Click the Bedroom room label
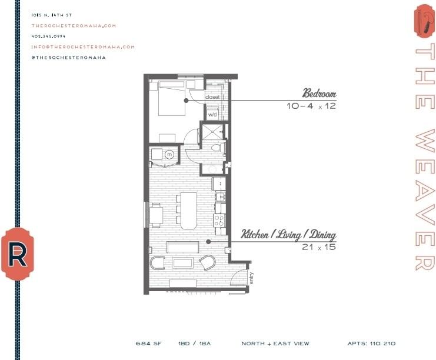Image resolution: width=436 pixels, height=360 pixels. pyautogui.click(x=319, y=94)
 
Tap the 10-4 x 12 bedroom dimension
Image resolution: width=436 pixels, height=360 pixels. pyautogui.click(x=311, y=106)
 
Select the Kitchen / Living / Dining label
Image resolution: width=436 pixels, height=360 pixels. pyautogui.click(x=288, y=235)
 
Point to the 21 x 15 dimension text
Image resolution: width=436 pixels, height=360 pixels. pyautogui.click(x=319, y=247)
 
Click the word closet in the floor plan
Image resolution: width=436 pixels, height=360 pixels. pyautogui.click(x=212, y=97)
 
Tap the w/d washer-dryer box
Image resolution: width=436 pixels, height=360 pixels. pyautogui.click(x=212, y=114)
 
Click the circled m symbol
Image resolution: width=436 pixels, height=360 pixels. pyautogui.click(x=169, y=154)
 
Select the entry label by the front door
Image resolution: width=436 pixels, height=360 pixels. pyautogui.click(x=251, y=278)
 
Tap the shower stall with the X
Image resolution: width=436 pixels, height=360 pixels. pyautogui.click(x=212, y=132)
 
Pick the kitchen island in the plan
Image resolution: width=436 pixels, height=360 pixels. pyautogui.click(x=189, y=211)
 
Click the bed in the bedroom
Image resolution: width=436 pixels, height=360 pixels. pyautogui.click(x=172, y=98)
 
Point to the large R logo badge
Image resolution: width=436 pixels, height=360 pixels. pyautogui.click(x=18, y=254)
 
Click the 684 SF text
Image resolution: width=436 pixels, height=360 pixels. pyautogui.click(x=149, y=344)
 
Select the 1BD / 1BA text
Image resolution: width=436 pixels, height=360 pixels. pyautogui.click(x=194, y=344)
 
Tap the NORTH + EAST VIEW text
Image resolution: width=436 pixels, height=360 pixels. pyautogui.click(x=275, y=344)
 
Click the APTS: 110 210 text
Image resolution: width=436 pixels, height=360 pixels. pyautogui.click(x=371, y=344)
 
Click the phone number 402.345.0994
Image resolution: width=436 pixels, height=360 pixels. pyautogui.click(x=48, y=36)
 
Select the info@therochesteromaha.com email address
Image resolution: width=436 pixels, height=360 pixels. pyautogui.click(x=83, y=46)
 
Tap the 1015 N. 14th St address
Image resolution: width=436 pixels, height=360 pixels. pyautogui.click(x=51, y=15)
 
